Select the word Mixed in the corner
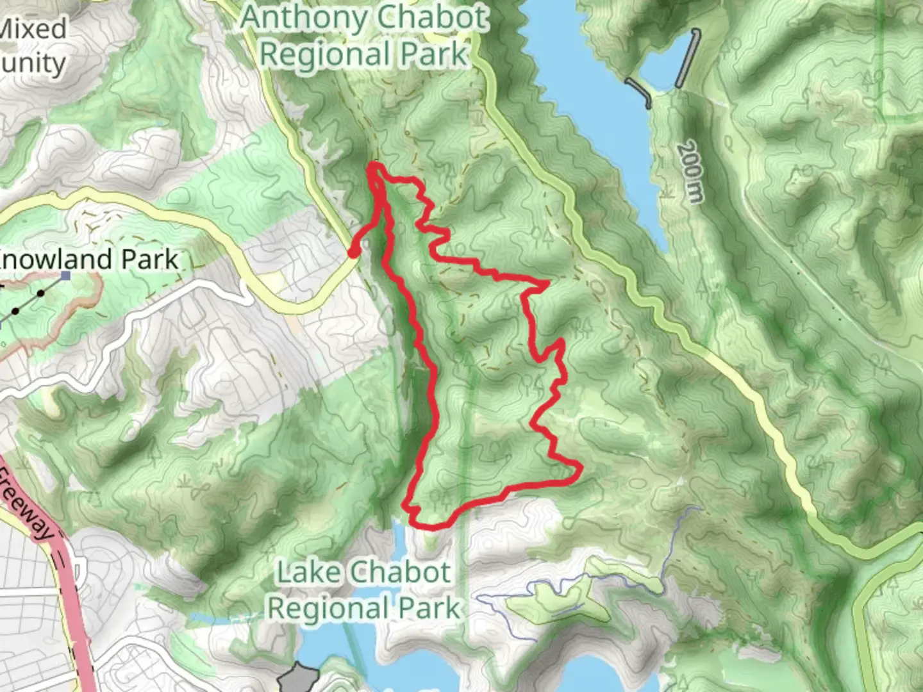click(32, 29)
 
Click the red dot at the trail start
click(353, 252)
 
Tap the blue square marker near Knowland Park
click(65, 276)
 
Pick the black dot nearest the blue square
click(40, 293)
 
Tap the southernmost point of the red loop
click(429, 527)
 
